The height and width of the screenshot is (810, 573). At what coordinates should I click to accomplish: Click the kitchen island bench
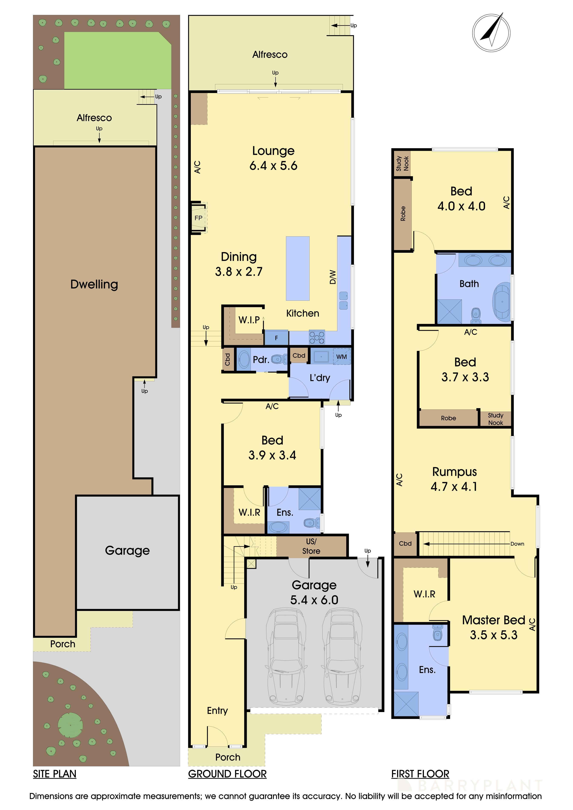point(297,268)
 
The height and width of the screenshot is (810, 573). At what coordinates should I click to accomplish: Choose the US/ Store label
point(311,546)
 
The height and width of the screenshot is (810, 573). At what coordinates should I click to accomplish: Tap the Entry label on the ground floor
point(217,710)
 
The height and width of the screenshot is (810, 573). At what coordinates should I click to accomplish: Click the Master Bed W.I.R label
point(424,594)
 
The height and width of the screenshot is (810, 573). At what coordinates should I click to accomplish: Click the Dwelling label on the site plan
point(94,284)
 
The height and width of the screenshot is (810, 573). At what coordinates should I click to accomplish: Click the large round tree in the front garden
point(70,725)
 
